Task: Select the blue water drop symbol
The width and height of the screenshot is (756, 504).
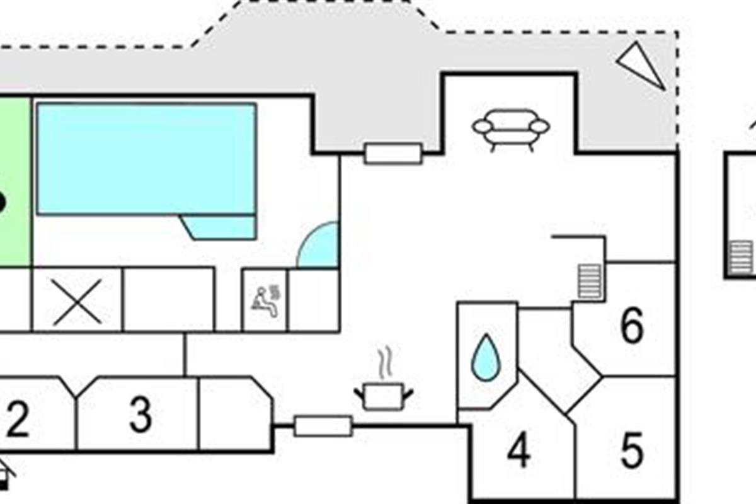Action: point(486,358)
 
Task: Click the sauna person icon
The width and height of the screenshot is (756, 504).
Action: point(266,301)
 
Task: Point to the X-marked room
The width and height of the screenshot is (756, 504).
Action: point(77,301)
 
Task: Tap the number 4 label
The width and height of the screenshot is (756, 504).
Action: point(519,450)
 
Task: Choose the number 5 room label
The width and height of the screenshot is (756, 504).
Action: point(633,450)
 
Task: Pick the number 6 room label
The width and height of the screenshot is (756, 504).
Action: point(632,326)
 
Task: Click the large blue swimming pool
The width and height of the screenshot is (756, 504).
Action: point(146,159)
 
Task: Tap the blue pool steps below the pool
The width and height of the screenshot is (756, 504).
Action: point(219,227)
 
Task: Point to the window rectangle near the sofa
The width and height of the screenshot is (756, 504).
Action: point(393,154)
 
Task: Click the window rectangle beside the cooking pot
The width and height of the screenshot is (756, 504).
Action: point(323,427)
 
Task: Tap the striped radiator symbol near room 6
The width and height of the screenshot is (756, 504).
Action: point(590,282)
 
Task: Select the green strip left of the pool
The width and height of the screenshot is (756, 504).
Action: point(15,181)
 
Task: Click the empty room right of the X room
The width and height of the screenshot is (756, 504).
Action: point(169,301)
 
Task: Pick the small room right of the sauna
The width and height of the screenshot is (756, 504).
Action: point(314,301)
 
